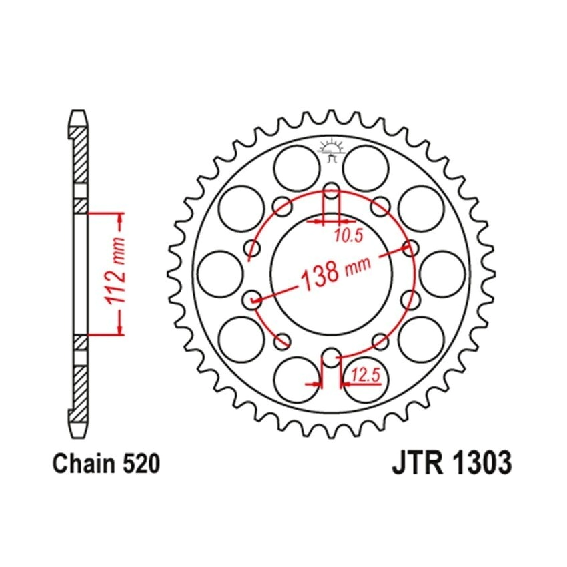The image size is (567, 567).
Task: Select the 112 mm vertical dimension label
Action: pyautogui.click(x=114, y=271)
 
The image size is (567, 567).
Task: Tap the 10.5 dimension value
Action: pyautogui.click(x=348, y=236)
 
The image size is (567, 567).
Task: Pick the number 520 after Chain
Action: pyautogui.click(x=141, y=464)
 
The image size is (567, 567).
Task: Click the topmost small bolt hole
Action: pyautogui.click(x=331, y=191)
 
